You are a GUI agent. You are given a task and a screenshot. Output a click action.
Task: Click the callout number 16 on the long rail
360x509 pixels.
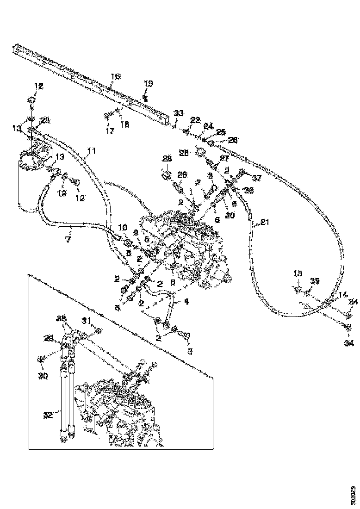pyautogui.click(x=115, y=76)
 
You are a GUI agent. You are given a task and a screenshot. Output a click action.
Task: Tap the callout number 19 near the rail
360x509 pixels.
pyautogui.click(x=148, y=84)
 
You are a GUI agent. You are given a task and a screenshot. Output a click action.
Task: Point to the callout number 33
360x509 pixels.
pyautogui.click(x=179, y=113)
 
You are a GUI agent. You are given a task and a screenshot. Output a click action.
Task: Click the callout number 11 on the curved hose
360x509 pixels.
pyautogui.click(x=91, y=151)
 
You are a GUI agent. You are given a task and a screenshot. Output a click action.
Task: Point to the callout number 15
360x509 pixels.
pyautogui.click(x=298, y=274)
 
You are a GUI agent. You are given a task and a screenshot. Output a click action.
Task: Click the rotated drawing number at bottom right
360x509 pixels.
pyautogui.click(x=353, y=490)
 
